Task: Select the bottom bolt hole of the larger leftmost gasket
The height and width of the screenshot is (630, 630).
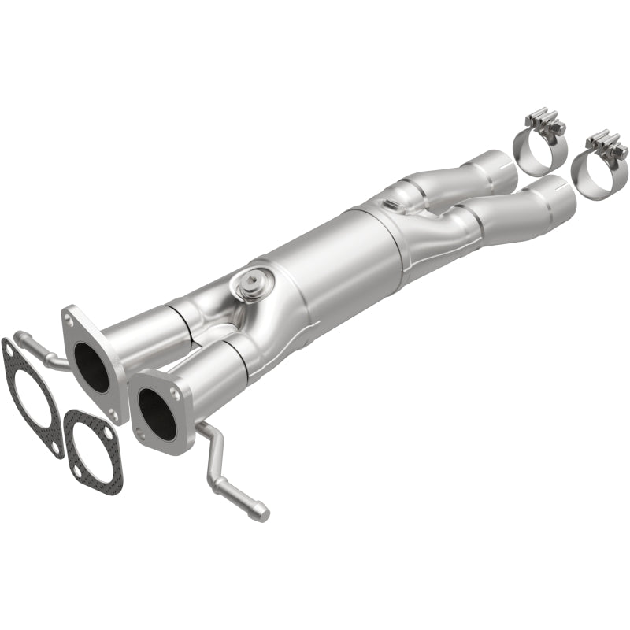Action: [57, 450]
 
